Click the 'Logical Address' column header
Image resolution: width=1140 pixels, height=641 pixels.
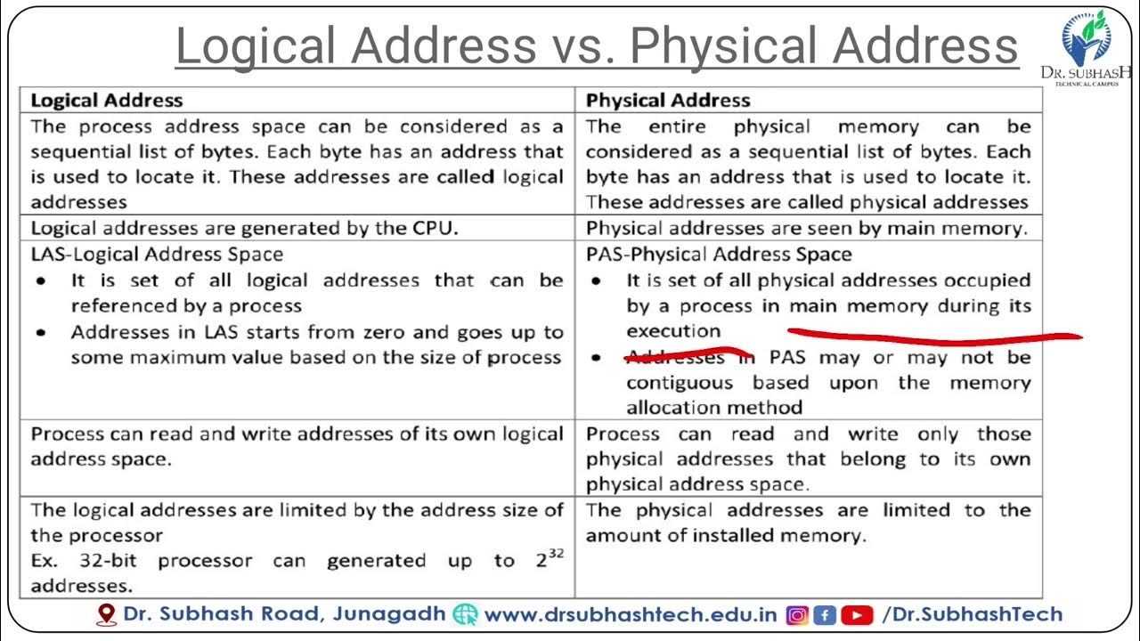pyautogui.click(x=107, y=101)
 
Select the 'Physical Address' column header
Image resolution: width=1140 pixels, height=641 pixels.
pyautogui.click(x=668, y=101)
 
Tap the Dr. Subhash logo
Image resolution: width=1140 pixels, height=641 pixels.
pyautogui.click(x=1085, y=45)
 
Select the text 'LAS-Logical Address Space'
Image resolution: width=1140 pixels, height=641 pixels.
pyautogui.click(x=157, y=255)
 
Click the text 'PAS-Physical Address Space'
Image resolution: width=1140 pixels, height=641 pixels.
pyautogui.click(x=719, y=255)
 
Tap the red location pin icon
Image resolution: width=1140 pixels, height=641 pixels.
pyautogui.click(x=107, y=614)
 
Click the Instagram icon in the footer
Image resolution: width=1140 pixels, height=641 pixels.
pyautogui.click(x=797, y=614)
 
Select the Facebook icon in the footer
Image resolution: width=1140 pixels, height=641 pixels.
pyautogui.click(x=825, y=614)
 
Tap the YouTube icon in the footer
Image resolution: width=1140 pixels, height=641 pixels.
pyautogui.click(x=856, y=614)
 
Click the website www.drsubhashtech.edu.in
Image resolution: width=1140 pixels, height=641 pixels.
pyautogui.click(x=631, y=614)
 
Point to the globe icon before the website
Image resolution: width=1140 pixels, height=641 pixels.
pyautogui.click(x=465, y=614)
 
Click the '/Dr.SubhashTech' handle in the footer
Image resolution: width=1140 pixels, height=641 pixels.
pyautogui.click(x=972, y=614)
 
